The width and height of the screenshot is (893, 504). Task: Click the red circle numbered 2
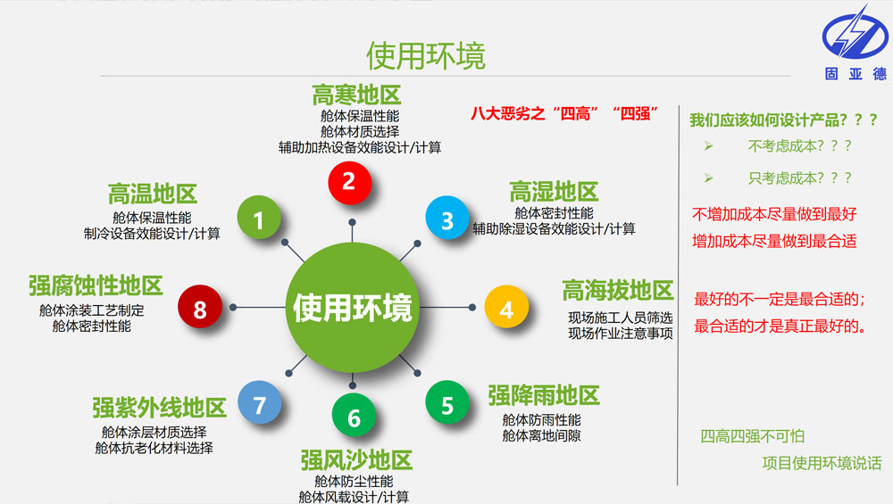[349, 182]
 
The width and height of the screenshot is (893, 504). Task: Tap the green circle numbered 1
[259, 219]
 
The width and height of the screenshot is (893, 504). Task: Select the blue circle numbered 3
[447, 219]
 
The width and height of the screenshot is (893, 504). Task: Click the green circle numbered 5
[447, 404]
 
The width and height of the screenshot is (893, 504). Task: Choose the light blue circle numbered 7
[259, 405]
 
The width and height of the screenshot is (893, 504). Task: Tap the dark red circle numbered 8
[200, 309]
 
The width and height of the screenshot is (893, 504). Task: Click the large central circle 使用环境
[353, 307]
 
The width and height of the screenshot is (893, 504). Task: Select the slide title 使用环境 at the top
[426, 55]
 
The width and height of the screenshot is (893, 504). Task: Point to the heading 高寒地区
[356, 95]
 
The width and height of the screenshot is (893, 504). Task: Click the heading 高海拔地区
[617, 290]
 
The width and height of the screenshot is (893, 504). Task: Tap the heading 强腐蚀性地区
[96, 285]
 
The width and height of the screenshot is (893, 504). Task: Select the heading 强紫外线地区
[159, 408]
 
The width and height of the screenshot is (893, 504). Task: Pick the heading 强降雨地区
[543, 394]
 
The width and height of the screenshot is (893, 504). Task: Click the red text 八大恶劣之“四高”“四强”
[564, 113]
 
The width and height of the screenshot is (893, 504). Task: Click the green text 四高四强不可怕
[753, 436]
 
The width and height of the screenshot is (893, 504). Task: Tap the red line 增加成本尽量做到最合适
[774, 241]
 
